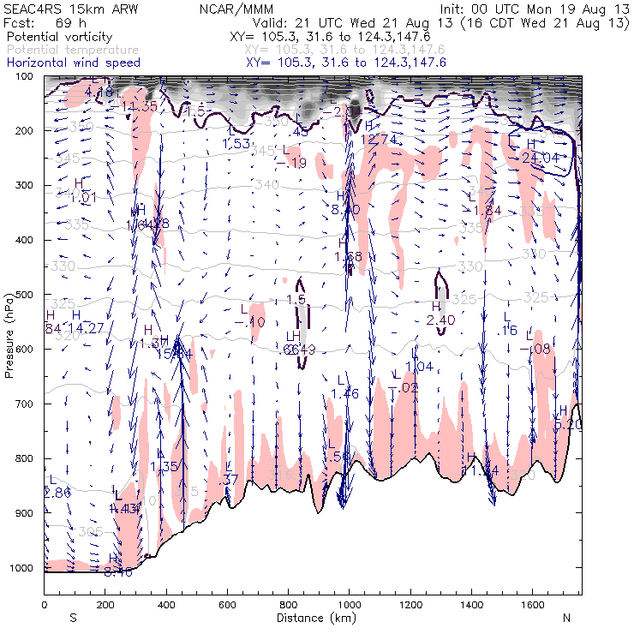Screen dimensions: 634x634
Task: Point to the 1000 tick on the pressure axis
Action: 27,568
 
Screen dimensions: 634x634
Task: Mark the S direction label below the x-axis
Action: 73,618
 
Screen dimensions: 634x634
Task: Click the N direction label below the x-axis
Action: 566,618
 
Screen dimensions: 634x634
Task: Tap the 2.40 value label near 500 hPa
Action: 440,320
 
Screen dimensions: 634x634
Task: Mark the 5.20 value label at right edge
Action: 569,424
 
